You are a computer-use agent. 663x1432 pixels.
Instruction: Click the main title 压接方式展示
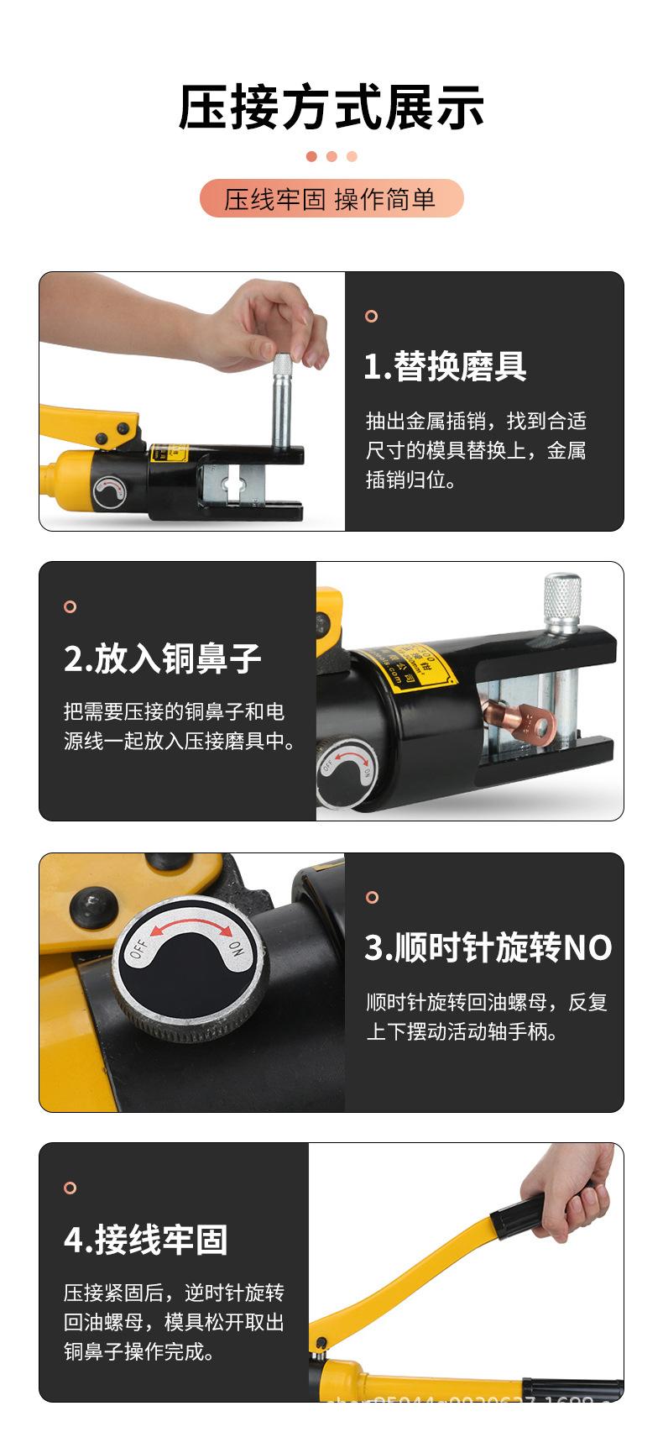tap(331, 108)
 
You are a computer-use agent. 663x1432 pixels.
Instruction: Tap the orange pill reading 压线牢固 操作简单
tap(331, 199)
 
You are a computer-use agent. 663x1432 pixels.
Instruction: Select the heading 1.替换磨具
tap(445, 367)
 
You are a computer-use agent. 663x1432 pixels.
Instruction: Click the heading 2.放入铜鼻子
tap(163, 658)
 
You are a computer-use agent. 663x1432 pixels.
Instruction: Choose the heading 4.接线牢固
tap(146, 1239)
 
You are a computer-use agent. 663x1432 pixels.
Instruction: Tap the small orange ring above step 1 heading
tap(371, 317)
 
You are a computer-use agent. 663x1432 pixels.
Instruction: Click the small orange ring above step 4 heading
tap(70, 1188)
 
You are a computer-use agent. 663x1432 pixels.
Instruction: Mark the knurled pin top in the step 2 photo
tap(561, 596)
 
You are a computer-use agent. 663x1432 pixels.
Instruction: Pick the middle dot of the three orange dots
tap(331, 156)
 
